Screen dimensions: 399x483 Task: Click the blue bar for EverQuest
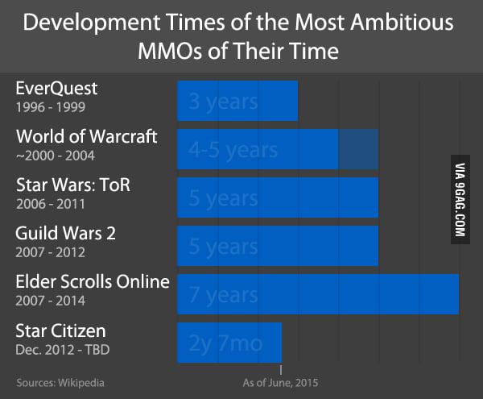(237, 101)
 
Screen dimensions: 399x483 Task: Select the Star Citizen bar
(229, 343)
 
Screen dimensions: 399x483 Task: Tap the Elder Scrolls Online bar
(318, 294)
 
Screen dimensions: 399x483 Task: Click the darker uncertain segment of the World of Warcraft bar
(357, 149)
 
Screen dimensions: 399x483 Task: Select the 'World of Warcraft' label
(86, 137)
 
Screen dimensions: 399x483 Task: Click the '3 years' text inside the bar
(223, 102)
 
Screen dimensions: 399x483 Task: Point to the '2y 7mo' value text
(225, 343)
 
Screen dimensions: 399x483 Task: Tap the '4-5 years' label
(233, 150)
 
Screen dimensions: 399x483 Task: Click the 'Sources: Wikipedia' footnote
(60, 382)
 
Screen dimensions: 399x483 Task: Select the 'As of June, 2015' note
(276, 382)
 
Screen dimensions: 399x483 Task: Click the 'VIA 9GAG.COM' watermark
(462, 198)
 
